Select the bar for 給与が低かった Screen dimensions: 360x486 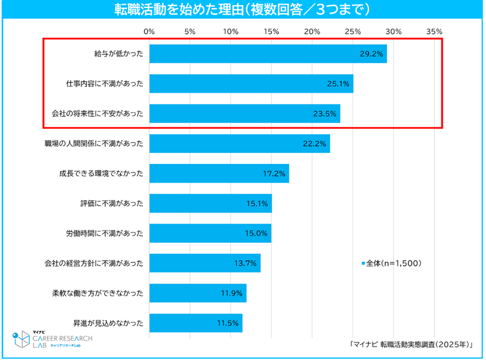[267, 53]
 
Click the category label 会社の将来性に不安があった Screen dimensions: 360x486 [93, 113]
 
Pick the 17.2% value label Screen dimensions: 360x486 [274, 173]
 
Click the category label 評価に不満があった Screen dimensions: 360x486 [112, 203]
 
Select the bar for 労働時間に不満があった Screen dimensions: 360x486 [210, 233]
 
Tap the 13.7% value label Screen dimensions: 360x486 [245, 263]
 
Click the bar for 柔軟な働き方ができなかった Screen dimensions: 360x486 [197, 292]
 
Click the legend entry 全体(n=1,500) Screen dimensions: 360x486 [391, 264]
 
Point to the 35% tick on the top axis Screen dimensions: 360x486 [434, 31]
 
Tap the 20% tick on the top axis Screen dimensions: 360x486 [312, 31]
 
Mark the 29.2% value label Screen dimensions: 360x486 [372, 54]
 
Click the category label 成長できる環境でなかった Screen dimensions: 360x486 [100, 173]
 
